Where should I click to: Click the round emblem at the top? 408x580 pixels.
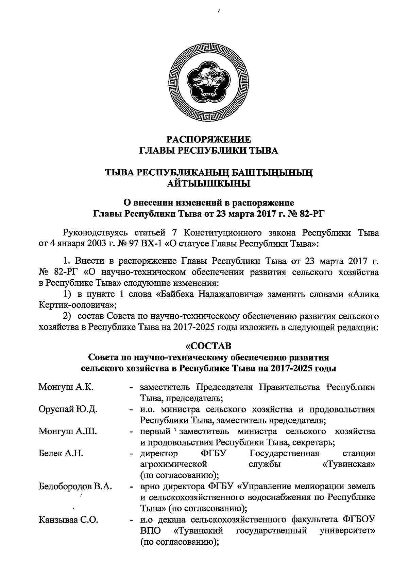point(209,84)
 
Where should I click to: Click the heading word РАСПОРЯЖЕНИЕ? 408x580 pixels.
point(209,139)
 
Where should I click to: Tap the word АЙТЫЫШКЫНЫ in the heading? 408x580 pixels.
point(209,184)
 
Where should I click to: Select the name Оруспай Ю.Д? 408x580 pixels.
point(68,409)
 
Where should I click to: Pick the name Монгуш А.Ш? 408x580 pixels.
point(68,432)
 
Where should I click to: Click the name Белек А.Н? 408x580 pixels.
point(61,454)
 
